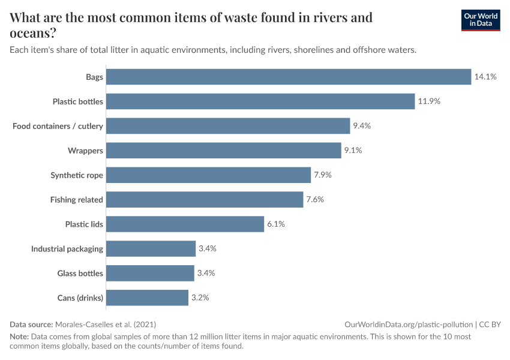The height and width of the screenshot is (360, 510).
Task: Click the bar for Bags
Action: (288, 77)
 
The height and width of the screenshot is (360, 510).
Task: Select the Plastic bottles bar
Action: (260, 101)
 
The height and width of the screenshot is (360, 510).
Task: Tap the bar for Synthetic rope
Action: (208, 175)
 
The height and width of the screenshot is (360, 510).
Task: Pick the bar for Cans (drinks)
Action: (147, 298)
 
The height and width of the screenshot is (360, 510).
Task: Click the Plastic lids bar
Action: (185, 224)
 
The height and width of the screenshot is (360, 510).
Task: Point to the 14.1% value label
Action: (485, 77)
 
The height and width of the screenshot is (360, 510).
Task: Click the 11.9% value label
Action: (429, 101)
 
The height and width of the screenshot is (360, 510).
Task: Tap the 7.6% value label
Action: (315, 200)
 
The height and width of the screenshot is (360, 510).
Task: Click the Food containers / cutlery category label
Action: (58, 126)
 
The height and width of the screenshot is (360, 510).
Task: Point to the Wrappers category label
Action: (85, 151)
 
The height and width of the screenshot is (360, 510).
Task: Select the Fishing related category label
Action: (77, 200)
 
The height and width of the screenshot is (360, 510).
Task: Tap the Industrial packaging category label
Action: (67, 249)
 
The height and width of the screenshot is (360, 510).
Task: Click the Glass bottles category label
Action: (80, 274)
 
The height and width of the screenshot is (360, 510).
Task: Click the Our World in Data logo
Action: (480, 20)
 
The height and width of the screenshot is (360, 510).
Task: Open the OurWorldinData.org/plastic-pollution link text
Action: (409, 324)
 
